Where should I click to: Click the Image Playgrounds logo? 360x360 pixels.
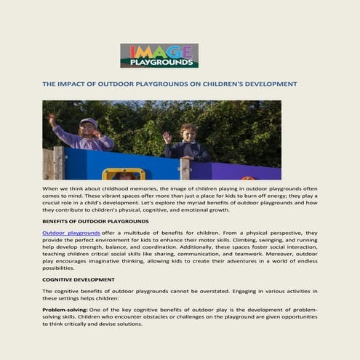pyautogui.click(x=159, y=55)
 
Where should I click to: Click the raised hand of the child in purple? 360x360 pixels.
pyautogui.click(x=52, y=117)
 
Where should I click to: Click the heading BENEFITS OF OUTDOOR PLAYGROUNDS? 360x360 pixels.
pyautogui.click(x=95, y=220)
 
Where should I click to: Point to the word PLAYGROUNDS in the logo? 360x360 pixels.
pyautogui.click(x=159, y=63)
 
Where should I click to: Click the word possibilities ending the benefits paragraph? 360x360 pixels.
pyautogui.click(x=59, y=267)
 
